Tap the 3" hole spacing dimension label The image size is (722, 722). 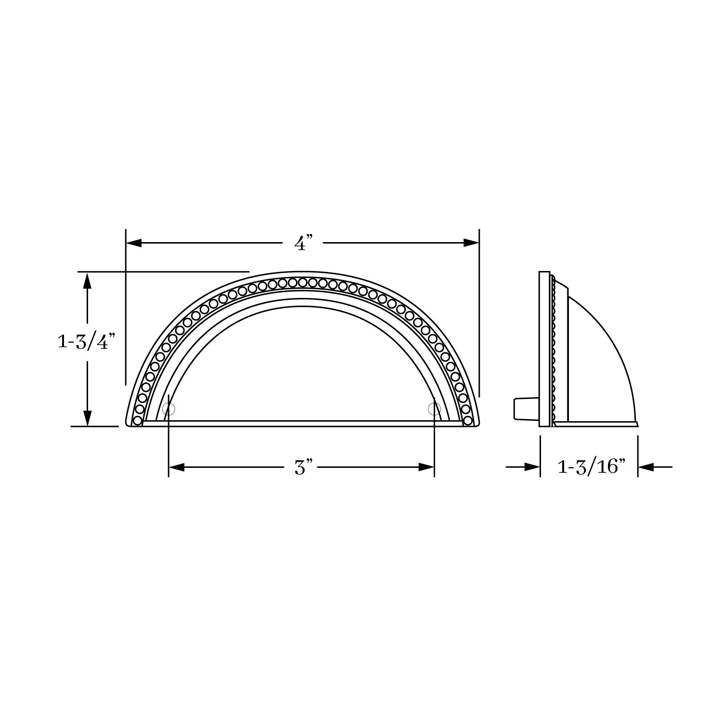[303, 467]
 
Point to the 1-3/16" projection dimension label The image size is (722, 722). [591, 467]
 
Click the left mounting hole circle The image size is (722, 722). [169, 409]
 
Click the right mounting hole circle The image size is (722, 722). [434, 409]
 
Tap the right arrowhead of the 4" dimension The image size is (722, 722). [471, 243]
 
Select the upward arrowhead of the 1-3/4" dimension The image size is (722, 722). [87, 280]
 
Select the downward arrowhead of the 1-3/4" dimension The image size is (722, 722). [87, 418]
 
